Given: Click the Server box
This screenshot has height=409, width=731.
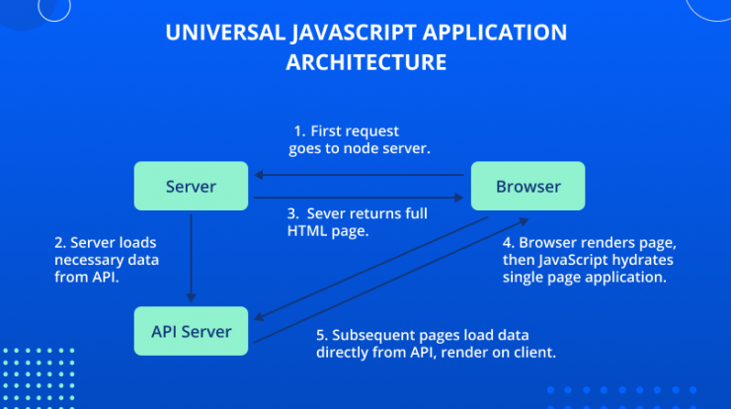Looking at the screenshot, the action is point(191,186).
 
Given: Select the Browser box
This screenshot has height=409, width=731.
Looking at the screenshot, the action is point(528,186).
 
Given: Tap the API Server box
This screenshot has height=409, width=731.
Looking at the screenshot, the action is point(191,331).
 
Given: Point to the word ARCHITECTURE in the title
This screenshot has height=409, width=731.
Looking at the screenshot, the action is point(365,62).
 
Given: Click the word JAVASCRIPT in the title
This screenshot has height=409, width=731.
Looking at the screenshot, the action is point(355,34).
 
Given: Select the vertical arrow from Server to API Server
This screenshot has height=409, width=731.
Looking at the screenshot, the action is point(191,258).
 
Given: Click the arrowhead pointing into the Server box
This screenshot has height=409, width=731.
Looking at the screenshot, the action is point(258,175).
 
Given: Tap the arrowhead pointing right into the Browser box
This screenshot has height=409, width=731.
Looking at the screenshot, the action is point(458,198).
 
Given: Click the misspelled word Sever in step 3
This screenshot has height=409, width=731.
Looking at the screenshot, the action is point(325,213).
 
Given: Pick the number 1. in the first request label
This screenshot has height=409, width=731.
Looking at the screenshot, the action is point(299,131).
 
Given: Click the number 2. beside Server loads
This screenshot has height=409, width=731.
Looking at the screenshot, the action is point(60,242).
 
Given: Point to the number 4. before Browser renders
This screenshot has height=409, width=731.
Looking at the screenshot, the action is point(509,242).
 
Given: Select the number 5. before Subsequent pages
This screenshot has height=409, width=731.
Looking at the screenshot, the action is point(322,335).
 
